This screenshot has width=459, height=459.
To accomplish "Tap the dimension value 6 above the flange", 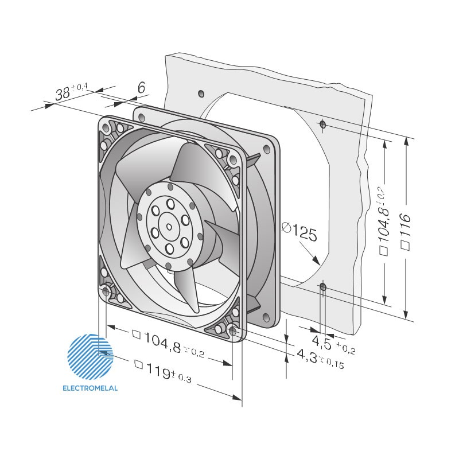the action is coord(141,88).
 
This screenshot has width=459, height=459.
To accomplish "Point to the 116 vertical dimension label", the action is coord(406,231).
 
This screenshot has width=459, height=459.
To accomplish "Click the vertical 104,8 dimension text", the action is coord(384,220).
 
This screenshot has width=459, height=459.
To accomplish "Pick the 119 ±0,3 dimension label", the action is coord(163,371).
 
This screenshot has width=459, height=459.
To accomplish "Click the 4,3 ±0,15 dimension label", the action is coord(321,359).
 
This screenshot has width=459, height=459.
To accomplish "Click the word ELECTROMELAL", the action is coord(90,388).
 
